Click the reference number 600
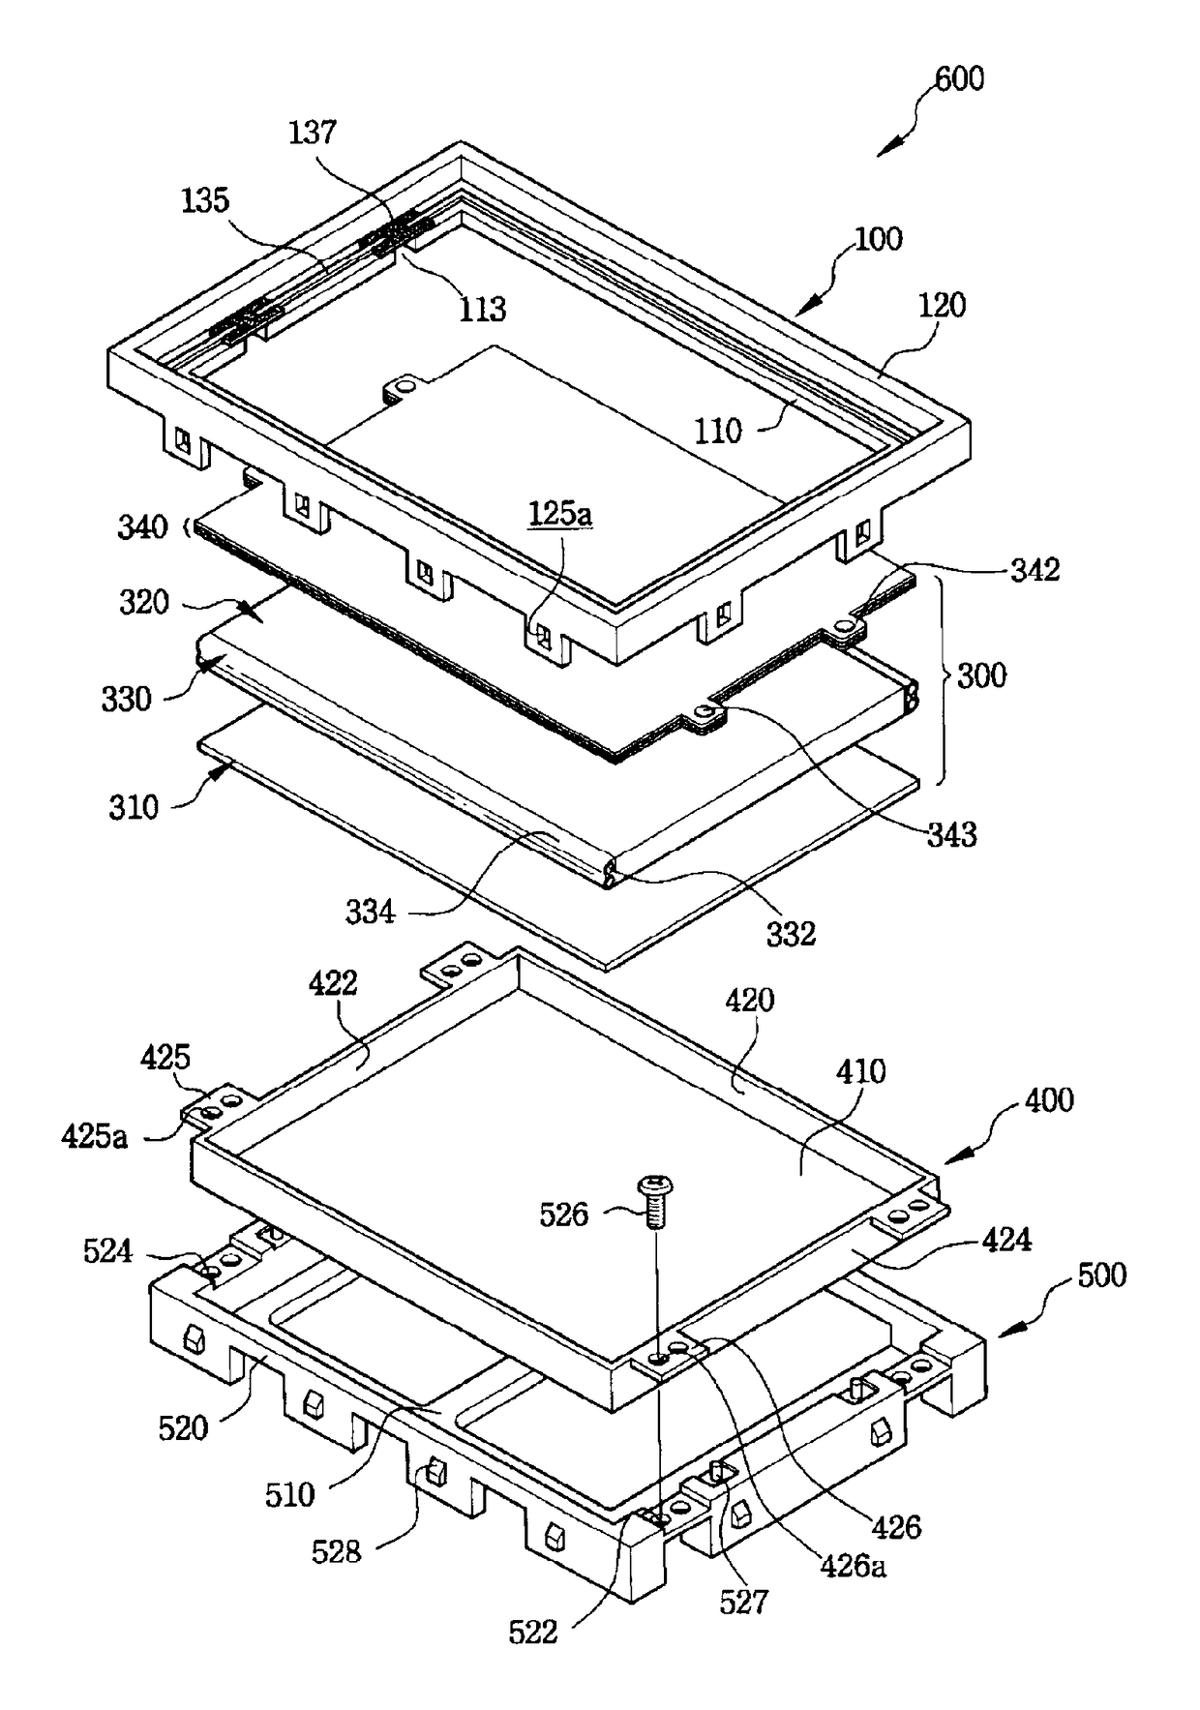tap(959, 78)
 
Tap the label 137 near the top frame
tap(313, 133)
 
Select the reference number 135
tap(205, 200)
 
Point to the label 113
tap(482, 309)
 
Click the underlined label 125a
tap(560, 513)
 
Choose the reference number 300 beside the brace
tap(981, 675)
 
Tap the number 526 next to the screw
tap(563, 1214)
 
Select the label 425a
tap(94, 1134)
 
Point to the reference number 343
tap(951, 833)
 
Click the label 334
tap(371, 911)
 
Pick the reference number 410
tap(859, 1071)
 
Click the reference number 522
tap(533, 1633)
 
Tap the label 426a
tap(853, 1565)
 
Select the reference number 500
tap(1101, 1275)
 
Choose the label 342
tap(1035, 569)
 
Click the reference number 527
tap(743, 1602)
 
